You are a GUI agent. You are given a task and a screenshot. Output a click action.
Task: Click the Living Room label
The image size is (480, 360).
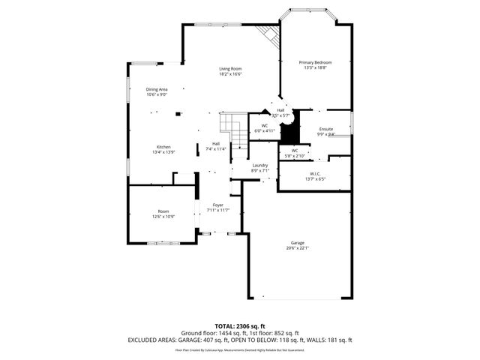[230, 69]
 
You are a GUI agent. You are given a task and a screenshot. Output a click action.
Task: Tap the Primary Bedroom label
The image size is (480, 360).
[315, 62]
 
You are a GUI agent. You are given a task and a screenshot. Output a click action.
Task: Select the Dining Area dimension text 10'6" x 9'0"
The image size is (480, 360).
[157, 95]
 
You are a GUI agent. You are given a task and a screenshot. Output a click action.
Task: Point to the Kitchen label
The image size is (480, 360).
[163, 146]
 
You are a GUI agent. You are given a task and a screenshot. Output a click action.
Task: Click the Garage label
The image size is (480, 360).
[298, 242]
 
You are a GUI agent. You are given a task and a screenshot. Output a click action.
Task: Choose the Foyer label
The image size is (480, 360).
[218, 205]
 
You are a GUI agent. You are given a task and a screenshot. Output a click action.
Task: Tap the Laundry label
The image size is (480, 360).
[260, 165]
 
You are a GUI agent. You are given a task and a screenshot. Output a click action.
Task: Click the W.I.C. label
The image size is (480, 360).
[315, 173]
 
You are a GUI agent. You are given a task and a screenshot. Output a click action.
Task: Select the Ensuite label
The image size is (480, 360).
[326, 130]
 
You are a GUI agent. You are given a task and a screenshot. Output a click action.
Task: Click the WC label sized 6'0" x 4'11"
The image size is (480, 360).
[265, 125]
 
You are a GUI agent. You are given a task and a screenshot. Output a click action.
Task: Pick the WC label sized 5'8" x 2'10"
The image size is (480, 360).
[295, 150]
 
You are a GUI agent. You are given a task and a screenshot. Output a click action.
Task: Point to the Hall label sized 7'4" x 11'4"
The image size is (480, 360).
[216, 143]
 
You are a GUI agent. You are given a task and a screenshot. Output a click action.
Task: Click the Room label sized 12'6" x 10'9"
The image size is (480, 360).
[163, 211]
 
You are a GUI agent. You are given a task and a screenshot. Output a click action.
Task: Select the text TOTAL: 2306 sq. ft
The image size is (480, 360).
[240, 326]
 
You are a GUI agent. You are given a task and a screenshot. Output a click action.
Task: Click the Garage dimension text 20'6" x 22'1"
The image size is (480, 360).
[298, 248]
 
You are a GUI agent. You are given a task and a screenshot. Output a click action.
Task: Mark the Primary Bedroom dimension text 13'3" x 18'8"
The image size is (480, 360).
[315, 68]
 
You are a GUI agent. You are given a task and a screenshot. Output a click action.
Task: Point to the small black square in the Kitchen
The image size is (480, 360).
[178, 114]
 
